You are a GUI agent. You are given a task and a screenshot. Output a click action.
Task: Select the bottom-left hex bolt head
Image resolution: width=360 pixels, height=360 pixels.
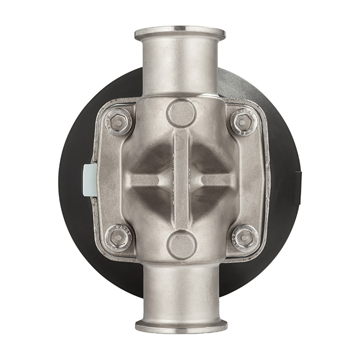click(118, 237)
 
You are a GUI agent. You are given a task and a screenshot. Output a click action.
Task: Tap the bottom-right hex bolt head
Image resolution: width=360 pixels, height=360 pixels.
click(244, 237)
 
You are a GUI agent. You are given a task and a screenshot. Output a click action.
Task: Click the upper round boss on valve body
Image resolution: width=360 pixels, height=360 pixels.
click(181, 113)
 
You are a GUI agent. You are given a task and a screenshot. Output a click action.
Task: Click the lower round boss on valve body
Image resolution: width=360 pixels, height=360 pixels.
click(182, 245)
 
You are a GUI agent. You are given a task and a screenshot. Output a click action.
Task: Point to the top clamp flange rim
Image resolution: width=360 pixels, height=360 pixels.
click(180, 33)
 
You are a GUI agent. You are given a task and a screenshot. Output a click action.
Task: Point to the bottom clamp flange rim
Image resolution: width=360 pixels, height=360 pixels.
click(181, 326)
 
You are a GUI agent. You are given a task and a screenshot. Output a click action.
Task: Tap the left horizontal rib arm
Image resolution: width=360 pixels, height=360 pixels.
click(147, 180)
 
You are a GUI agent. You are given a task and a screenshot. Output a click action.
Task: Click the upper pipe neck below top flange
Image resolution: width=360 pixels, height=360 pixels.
click(180, 67)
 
